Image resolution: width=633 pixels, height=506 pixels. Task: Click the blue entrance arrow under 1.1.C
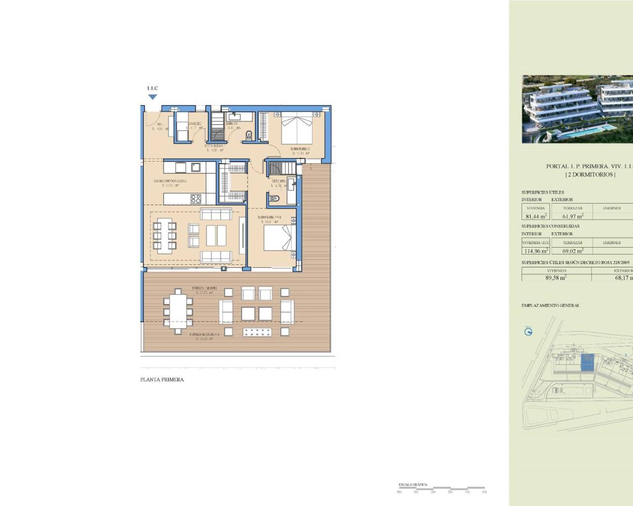[152, 97]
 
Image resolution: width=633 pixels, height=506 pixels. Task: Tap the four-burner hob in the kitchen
[196, 199]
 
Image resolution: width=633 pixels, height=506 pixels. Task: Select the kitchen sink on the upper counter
[196, 167]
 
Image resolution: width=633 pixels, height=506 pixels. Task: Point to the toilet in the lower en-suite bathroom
[276, 199]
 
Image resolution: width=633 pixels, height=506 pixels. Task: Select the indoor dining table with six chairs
[165, 235]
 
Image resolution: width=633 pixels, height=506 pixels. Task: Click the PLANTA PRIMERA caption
[162, 379]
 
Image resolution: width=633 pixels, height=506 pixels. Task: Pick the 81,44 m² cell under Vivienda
[536, 216]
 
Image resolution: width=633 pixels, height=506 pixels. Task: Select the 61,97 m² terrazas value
[573, 216]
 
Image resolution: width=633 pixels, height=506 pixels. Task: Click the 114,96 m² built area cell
[536, 251]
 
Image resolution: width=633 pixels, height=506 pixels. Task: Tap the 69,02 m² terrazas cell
[573, 251]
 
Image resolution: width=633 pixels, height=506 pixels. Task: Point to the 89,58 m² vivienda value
[556, 278]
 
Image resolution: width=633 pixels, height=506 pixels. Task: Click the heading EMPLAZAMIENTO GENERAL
[550, 305]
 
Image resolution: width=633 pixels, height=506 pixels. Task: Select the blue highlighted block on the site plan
[588, 363]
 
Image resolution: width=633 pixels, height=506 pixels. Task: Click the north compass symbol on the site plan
[528, 332]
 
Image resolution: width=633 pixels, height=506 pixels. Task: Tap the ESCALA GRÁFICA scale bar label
[413, 485]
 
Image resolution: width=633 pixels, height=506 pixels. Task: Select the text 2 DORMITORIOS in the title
[590, 174]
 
